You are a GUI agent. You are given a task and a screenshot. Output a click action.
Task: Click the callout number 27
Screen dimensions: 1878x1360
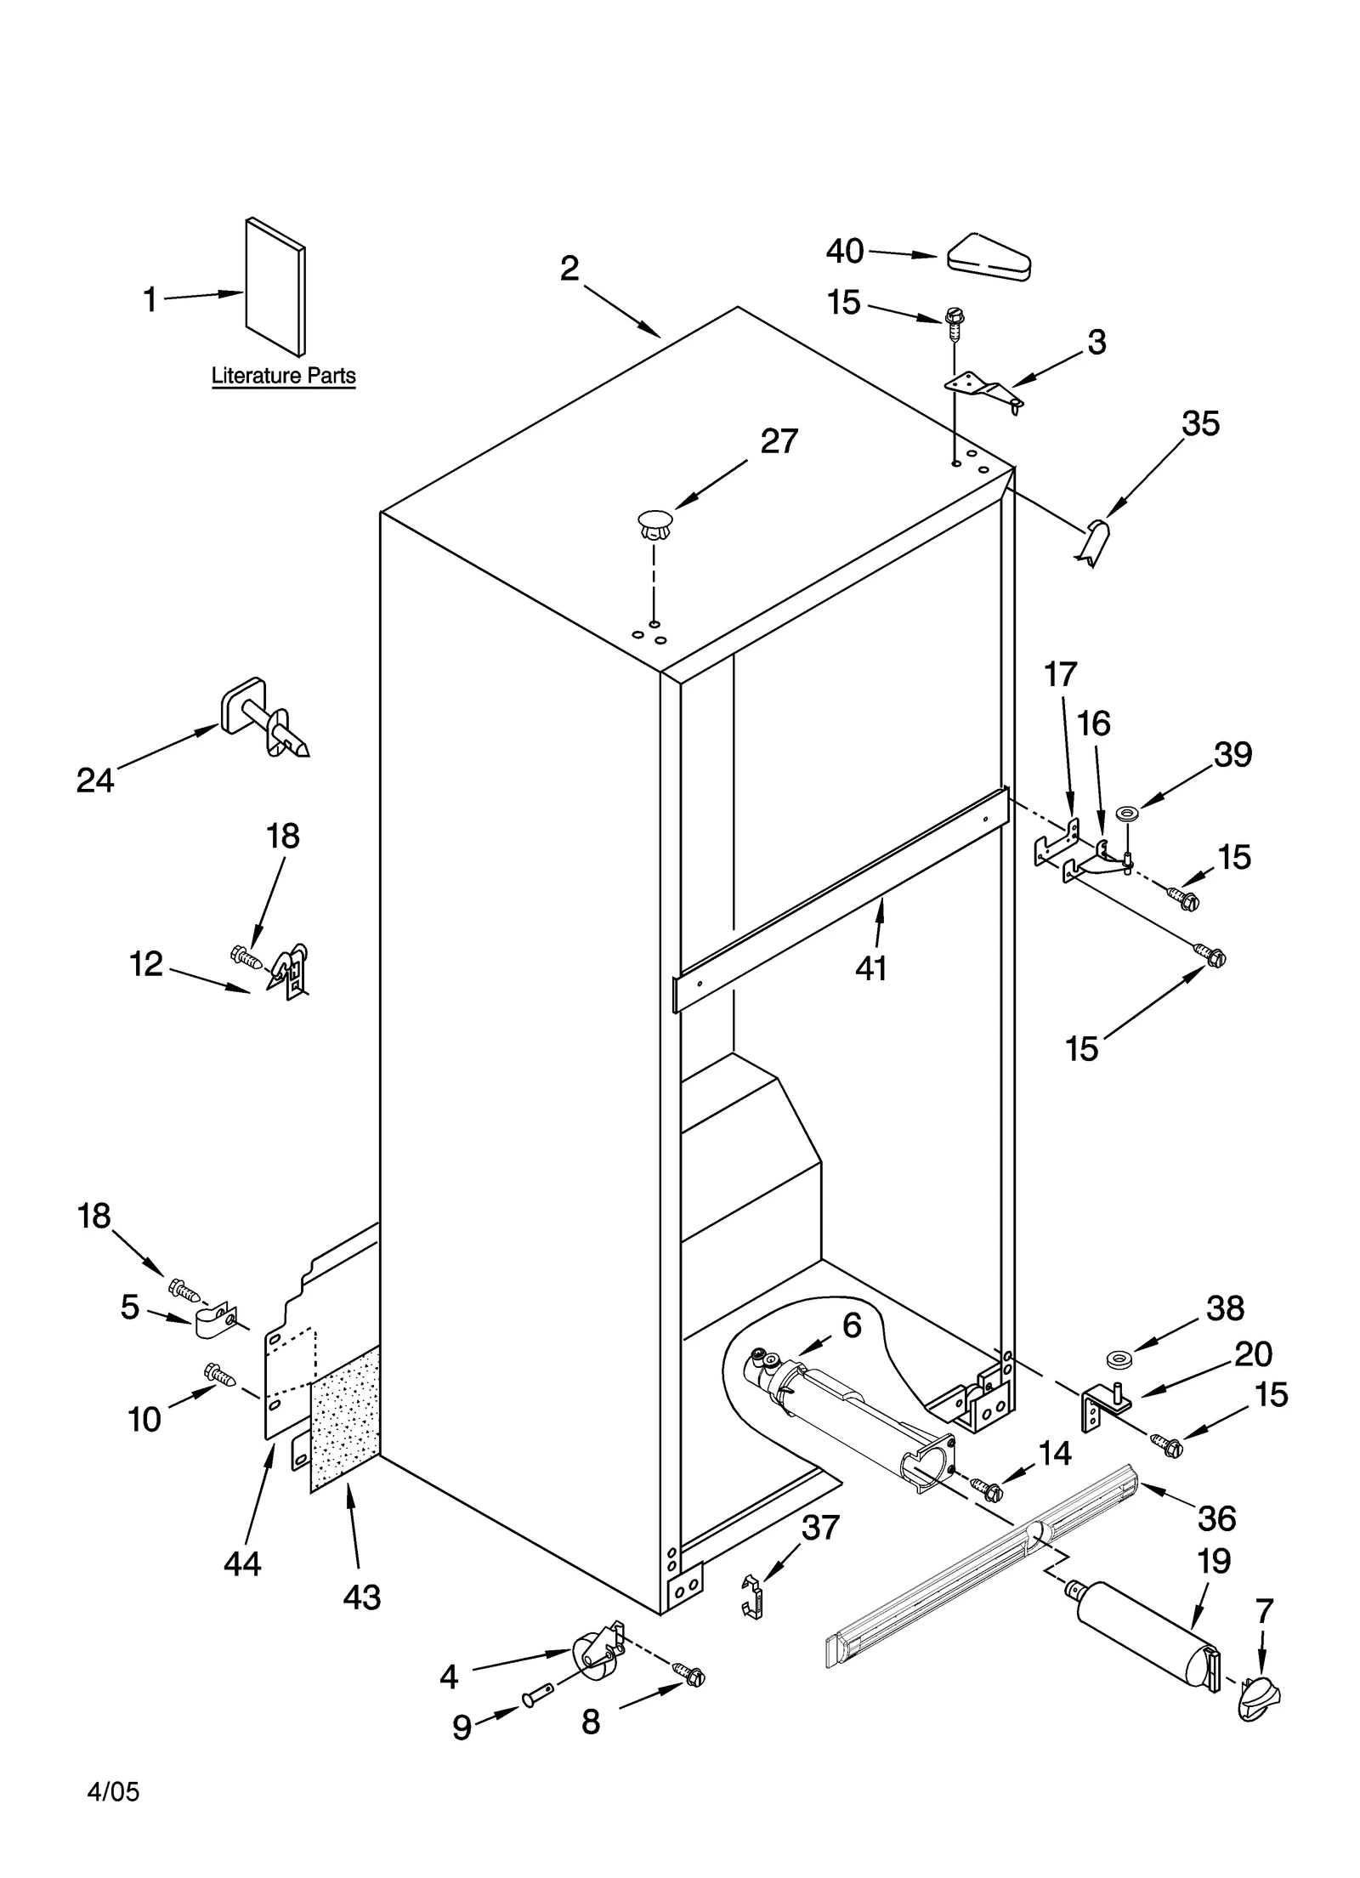(779, 441)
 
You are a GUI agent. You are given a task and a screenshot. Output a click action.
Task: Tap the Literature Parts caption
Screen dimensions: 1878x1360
(283, 376)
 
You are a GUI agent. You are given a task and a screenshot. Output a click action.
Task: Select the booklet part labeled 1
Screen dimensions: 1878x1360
(275, 287)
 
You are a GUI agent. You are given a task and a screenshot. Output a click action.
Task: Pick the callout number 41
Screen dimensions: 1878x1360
(871, 967)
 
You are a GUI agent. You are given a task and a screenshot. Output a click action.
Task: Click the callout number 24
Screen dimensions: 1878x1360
(94, 780)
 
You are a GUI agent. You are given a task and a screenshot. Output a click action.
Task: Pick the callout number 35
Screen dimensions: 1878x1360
(1200, 423)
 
